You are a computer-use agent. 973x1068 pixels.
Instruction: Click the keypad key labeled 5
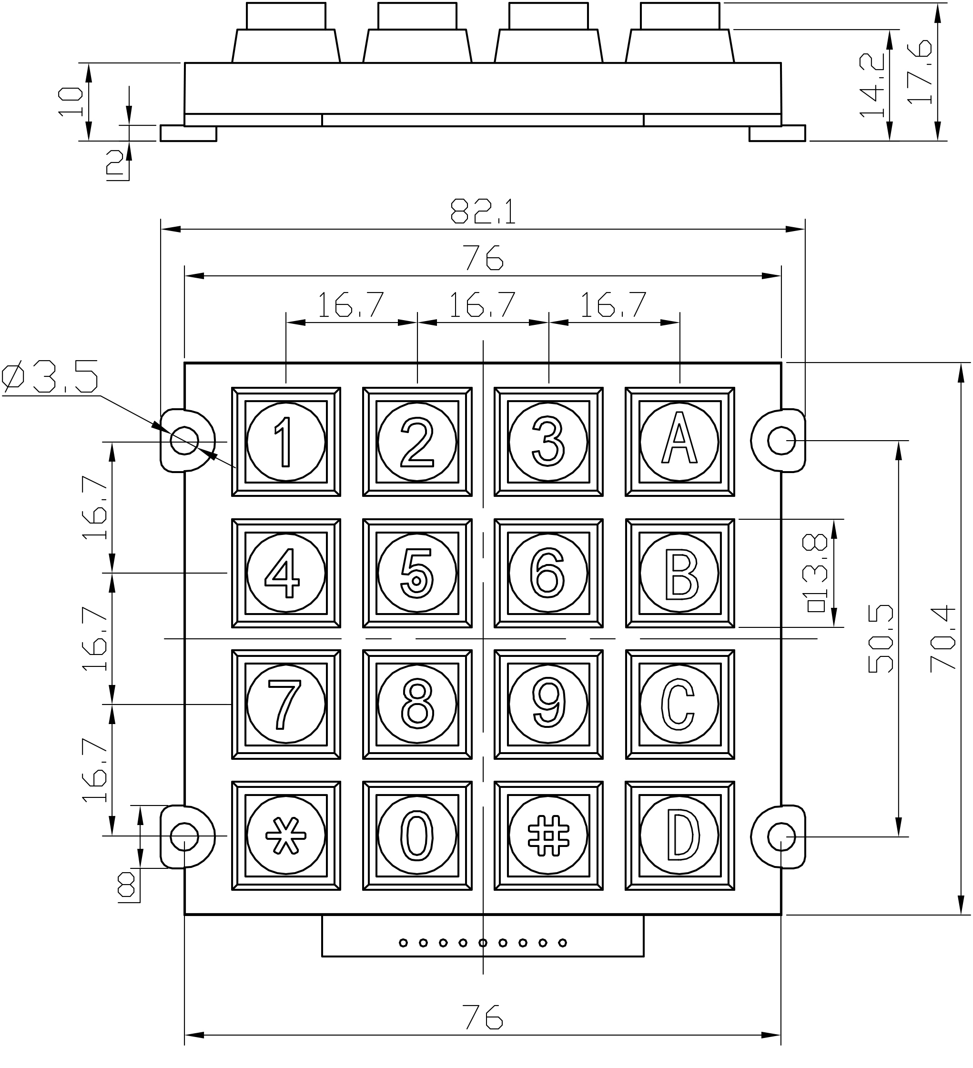[417, 573]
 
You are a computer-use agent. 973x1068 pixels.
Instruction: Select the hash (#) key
[548, 836]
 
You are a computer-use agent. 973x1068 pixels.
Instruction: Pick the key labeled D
[680, 836]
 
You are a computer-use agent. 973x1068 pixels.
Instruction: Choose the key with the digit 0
[417, 836]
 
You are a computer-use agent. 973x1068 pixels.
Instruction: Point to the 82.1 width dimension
[483, 212]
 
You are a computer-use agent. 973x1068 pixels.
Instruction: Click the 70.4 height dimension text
[943, 638]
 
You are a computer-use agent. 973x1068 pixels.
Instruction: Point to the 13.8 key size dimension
[816, 573]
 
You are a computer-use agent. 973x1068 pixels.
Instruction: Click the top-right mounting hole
[780, 440]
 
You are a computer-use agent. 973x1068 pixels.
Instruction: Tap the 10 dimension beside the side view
[71, 102]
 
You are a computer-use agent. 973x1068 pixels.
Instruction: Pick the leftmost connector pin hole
[403, 942]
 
